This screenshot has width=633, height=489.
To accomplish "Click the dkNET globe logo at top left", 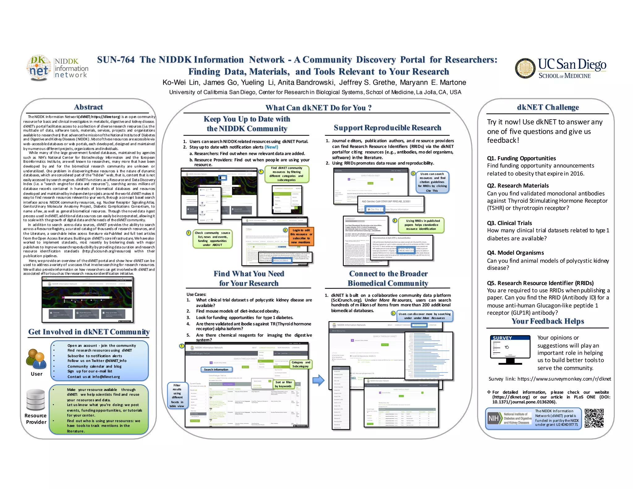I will point(39,68).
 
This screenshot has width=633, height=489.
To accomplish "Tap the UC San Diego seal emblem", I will point(525,68).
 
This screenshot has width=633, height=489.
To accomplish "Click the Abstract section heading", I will point(88,107).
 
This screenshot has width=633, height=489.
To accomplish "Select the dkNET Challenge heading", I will point(548,107).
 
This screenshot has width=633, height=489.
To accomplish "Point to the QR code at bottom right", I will point(594,418).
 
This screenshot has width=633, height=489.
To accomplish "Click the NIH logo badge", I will point(493,419).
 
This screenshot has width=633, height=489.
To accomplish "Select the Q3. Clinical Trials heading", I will point(509,223).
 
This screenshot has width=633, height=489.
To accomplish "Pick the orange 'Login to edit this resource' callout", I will point(301,236).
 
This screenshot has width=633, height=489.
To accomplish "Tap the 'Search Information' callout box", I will point(216,370).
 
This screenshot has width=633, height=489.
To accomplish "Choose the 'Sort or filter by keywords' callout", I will point(283,384).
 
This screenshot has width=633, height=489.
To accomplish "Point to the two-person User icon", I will point(36,359).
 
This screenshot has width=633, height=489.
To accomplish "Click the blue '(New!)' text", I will point(271,147).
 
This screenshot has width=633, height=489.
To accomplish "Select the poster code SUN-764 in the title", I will point(116,60).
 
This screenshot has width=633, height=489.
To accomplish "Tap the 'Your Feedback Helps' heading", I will point(548,321).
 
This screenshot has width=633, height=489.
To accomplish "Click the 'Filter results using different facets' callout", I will point(177,396).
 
